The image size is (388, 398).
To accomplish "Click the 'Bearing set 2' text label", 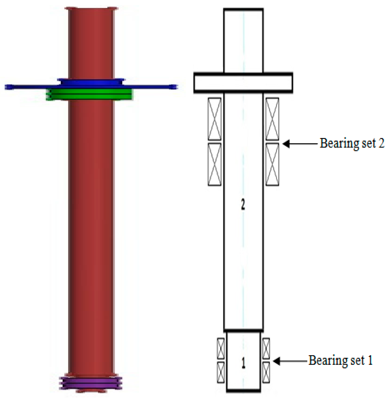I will click(352, 143).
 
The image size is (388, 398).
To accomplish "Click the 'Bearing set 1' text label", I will click(340, 360).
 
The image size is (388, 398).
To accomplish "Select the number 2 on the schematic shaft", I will click(243, 205).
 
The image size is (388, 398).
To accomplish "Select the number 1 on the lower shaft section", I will click(243, 363).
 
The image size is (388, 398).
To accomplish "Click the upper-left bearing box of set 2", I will click(214, 119).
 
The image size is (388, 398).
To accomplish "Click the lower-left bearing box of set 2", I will click(214, 164).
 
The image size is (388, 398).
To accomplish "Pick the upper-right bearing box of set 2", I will click(272, 119).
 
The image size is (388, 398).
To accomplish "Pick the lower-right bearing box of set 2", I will click(272, 164).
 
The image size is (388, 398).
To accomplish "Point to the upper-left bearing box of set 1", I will click(221, 348).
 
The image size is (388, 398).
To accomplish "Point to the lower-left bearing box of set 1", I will click(221, 372).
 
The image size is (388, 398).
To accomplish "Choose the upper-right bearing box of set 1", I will click(266, 348).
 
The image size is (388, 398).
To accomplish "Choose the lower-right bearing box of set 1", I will click(266, 372).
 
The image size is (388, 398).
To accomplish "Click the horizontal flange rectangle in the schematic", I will click(243, 83).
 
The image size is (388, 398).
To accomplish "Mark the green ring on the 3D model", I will click(89, 94).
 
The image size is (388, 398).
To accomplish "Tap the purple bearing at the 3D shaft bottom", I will click(91, 383).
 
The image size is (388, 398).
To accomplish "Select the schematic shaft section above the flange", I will click(243, 41).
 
